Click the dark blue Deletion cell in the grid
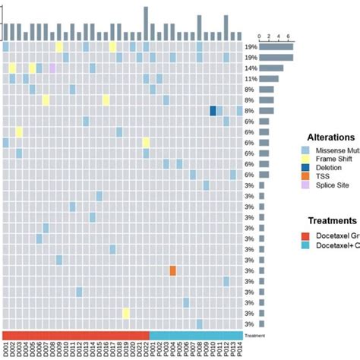pos(213,111)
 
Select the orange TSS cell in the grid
pos(173,270)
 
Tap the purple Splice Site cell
pos(52,68)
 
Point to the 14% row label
pos(251,68)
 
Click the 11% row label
pos(251,79)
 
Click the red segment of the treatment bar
pos(76,336)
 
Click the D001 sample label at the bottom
pos(6,350)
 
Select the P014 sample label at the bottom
pos(240,350)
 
